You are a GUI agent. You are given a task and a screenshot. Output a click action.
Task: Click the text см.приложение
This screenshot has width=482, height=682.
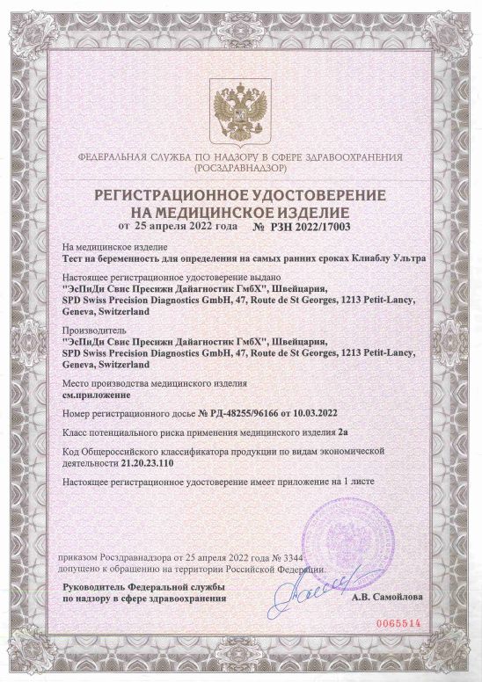(x=97, y=396)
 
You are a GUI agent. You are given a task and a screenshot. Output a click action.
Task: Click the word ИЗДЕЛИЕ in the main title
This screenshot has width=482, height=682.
(x=308, y=211)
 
